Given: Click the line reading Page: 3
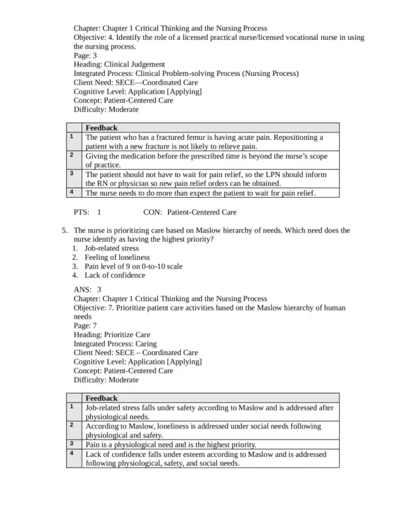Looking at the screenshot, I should pyautogui.click(x=85, y=56).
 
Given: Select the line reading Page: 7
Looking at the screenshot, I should pyautogui.click(x=85, y=326).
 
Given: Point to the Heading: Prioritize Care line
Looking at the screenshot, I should pyautogui.click(x=111, y=334).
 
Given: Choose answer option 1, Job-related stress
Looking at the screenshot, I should pyautogui.click(x=111, y=248).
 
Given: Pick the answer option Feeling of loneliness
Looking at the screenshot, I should pyautogui.click(x=117, y=257).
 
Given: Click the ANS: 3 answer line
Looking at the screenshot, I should pyautogui.click(x=87, y=290).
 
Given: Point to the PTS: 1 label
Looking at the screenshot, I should pyautogui.click(x=87, y=213).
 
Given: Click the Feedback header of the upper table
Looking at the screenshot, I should pyautogui.click(x=101, y=127).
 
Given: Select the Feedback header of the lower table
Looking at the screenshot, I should pyautogui.click(x=101, y=398).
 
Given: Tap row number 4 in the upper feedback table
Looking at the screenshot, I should pyautogui.click(x=71, y=193).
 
